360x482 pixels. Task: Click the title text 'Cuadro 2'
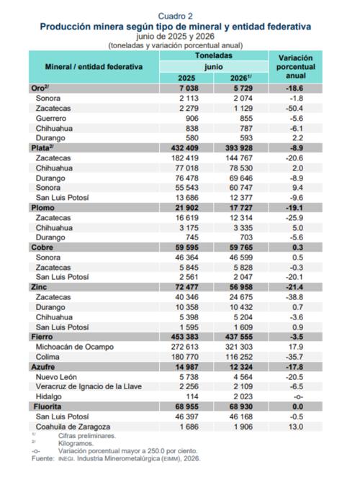(x=175, y=16)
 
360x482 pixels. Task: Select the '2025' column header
(x=186, y=78)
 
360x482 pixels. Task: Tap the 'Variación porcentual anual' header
(x=295, y=67)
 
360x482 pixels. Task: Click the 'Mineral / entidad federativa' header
(x=94, y=67)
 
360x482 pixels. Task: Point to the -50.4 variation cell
(x=294, y=109)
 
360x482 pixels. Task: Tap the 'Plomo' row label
(x=42, y=208)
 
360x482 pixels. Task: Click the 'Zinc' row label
(x=39, y=288)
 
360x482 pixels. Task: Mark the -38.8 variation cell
(x=294, y=297)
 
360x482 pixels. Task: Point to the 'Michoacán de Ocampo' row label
(x=75, y=347)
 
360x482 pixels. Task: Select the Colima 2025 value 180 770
(x=184, y=357)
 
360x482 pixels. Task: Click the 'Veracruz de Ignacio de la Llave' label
(x=89, y=387)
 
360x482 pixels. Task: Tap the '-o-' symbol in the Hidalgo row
(x=298, y=397)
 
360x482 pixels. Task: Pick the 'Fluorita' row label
(x=48, y=406)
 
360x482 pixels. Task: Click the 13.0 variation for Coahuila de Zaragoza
(x=296, y=427)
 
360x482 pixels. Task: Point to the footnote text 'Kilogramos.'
(x=76, y=444)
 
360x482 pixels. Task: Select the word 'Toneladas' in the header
(x=214, y=55)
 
